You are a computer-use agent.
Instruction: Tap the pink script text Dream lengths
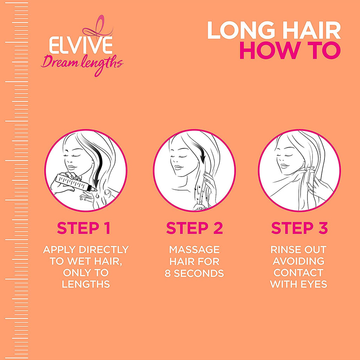click(x=82, y=65)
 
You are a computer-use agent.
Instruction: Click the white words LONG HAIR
click(x=274, y=30)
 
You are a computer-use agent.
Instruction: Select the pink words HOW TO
click(x=290, y=50)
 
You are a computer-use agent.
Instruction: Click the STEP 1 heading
click(x=84, y=228)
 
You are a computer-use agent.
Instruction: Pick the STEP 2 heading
click(x=194, y=228)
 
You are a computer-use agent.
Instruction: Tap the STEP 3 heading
click(x=300, y=228)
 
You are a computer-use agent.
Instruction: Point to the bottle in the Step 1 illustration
click(x=73, y=182)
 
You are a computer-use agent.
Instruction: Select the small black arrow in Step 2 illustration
click(x=198, y=152)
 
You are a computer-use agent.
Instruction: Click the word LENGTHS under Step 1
click(x=86, y=284)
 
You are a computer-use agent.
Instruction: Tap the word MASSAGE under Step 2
click(x=194, y=250)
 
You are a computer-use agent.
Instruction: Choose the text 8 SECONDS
click(x=194, y=273)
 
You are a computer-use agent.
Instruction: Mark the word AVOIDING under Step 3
click(x=298, y=261)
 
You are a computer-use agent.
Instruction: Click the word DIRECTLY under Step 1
click(x=104, y=250)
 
